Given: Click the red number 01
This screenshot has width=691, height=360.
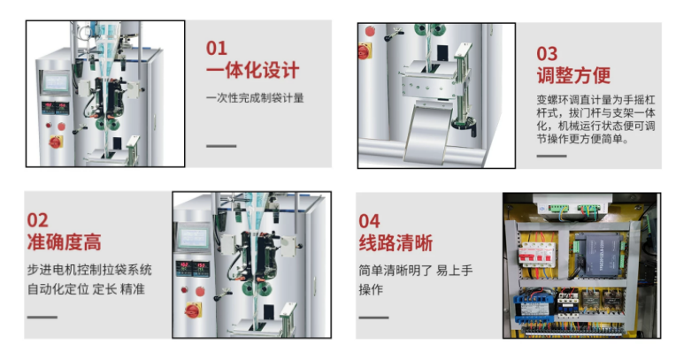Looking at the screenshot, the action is pyautogui.click(x=217, y=48).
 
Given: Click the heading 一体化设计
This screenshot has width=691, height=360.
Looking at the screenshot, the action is pyautogui.click(x=252, y=71).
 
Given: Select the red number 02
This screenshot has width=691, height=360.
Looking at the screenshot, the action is pyautogui.click(x=37, y=220).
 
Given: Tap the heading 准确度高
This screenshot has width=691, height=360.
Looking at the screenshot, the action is pyautogui.click(x=65, y=241).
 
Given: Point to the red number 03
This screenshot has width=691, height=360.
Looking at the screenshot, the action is pyautogui.click(x=547, y=54).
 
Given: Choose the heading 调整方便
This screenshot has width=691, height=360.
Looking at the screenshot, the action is pyautogui.click(x=573, y=75).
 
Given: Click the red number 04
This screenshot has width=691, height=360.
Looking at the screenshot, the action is pyautogui.click(x=369, y=221).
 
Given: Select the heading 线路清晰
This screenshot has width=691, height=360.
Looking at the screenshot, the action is pyautogui.click(x=395, y=242).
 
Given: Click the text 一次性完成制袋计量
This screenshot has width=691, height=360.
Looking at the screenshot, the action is pyautogui.click(x=255, y=98).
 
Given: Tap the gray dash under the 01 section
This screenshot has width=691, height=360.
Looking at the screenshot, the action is pyautogui.click(x=221, y=146).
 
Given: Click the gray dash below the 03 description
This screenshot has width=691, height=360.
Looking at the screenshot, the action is pyautogui.click(x=551, y=156).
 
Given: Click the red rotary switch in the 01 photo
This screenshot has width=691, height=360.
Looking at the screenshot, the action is pyautogui.click(x=56, y=142).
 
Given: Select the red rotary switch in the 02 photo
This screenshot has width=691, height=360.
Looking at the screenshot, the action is pyautogui.click(x=193, y=310).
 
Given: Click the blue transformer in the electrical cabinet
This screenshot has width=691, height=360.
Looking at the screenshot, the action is pyautogui.click(x=533, y=304).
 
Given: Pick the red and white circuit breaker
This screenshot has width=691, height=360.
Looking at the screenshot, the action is pyautogui.click(x=537, y=254).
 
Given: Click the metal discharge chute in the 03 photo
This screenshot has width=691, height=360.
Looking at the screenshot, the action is pyautogui.click(x=428, y=134).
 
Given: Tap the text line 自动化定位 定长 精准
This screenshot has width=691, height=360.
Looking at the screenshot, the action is pyautogui.click(x=86, y=289).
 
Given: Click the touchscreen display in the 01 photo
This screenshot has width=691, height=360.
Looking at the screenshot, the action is pyautogui.click(x=56, y=82).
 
